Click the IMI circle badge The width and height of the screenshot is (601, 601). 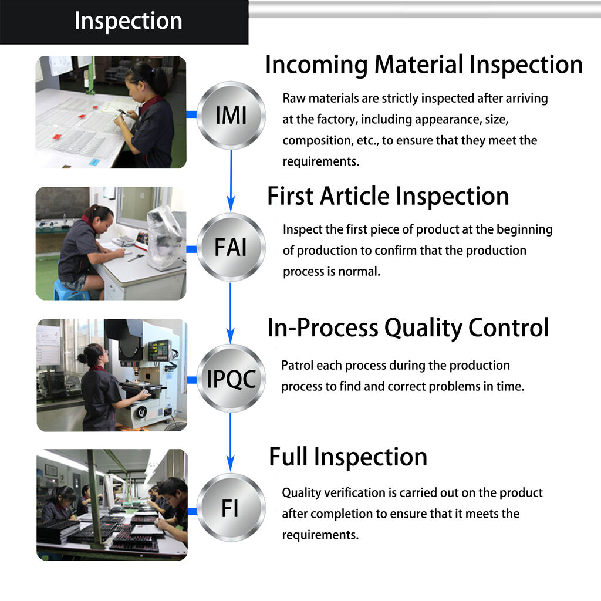231,115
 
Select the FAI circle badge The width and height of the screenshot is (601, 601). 231,247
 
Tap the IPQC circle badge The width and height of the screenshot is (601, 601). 231,379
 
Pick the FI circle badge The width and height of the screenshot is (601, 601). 231,508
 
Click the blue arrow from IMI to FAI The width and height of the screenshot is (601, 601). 231,182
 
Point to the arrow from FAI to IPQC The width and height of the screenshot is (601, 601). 231,314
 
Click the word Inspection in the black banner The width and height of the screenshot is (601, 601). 128,21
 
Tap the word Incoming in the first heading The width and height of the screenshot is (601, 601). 316,65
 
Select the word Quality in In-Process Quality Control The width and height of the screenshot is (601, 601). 419,327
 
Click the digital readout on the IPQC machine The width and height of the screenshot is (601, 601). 159,350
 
